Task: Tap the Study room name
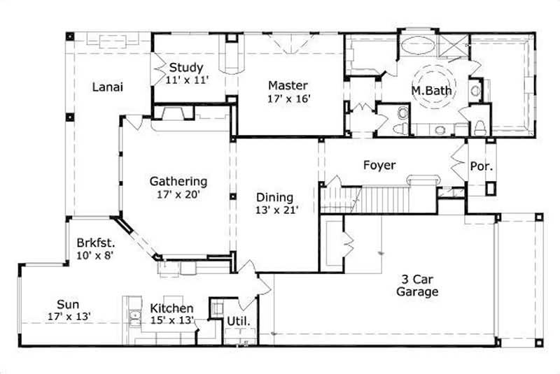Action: coord(187,68)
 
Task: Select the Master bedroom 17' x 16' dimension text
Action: coord(288,99)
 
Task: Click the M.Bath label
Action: coord(430,91)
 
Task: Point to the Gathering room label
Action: coord(178,182)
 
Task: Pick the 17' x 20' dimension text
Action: coord(178,195)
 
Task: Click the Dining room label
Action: coord(274,197)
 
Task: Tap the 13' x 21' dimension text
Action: coord(277,210)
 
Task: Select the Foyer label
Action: coord(379,166)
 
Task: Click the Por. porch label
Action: coord(481,167)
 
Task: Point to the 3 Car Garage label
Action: coord(417,285)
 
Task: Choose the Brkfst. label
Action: coord(96,243)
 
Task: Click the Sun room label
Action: coord(68,304)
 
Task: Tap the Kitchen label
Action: coord(171,308)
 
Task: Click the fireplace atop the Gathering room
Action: coord(168,113)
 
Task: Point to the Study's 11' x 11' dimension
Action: coord(187,80)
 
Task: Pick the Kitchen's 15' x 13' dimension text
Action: coord(171,321)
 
